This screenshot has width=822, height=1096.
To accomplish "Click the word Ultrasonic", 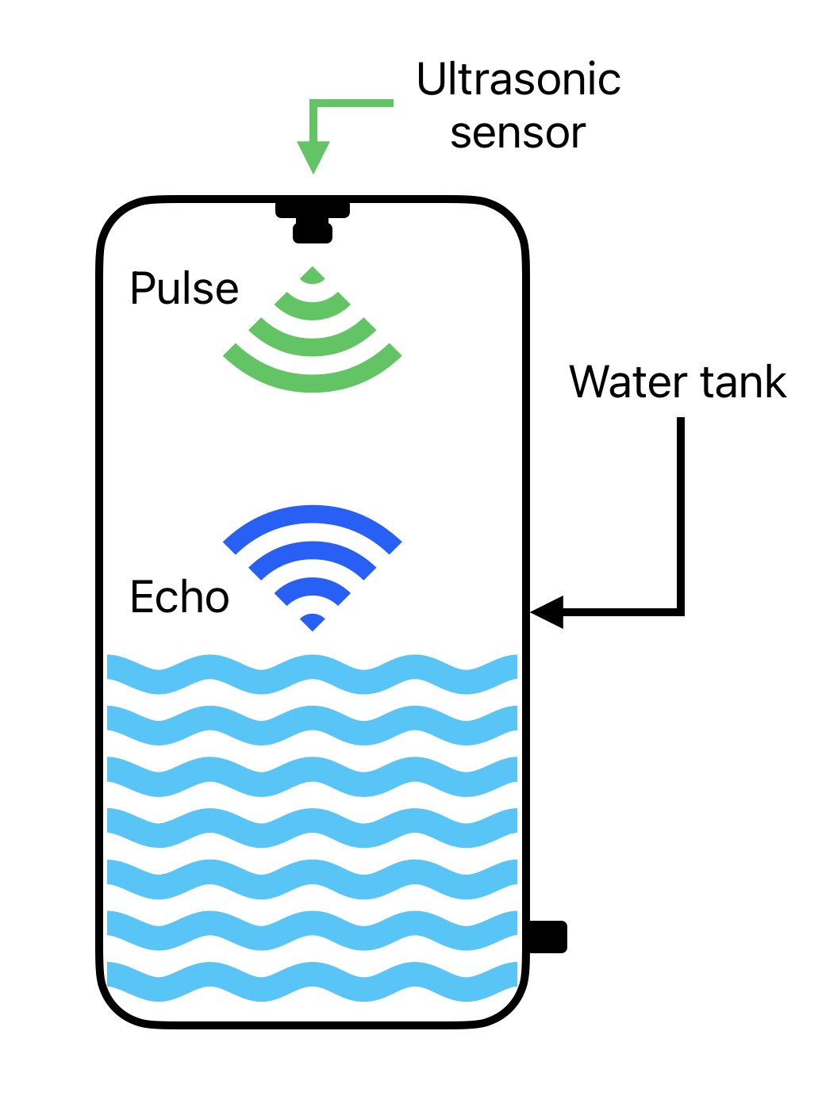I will coord(518,79).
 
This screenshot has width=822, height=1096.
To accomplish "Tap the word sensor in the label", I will coord(517,133).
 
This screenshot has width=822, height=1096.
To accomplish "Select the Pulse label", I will coord(184,288).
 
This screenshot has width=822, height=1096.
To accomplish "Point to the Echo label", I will coord(179,596).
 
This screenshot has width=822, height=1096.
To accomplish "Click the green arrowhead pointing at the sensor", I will coord(313,156).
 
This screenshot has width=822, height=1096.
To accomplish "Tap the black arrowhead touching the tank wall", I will coord(547,611).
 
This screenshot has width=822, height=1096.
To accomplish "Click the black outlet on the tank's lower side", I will coord(547,937).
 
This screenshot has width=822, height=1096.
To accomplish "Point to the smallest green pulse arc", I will coord(313,276).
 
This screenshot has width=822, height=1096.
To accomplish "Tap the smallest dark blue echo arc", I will coord(313,621).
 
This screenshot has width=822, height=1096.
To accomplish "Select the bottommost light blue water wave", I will coord(313,981).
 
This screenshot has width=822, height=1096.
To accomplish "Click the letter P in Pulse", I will coord(141,288).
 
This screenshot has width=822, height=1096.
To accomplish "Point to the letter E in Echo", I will coord(141,596).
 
